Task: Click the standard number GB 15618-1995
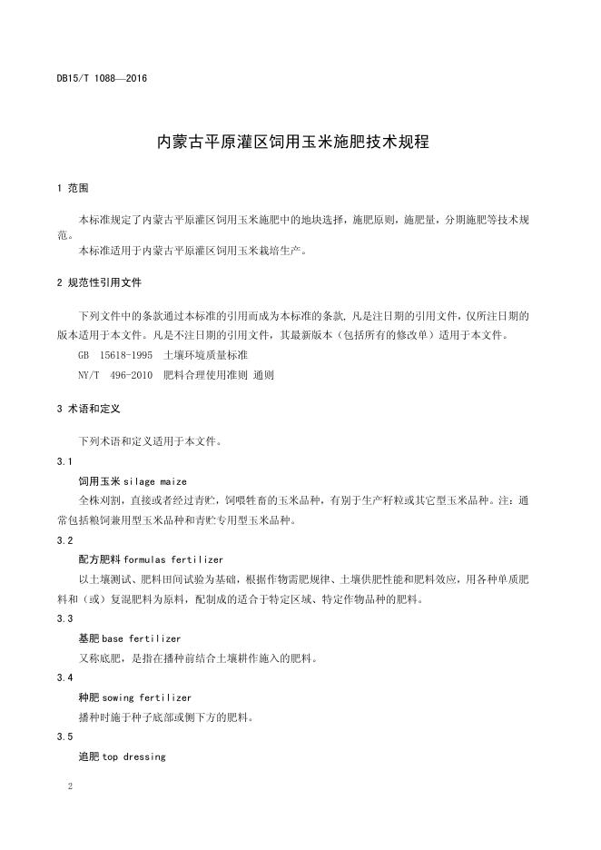coord(115,354)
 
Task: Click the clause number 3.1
coord(64,461)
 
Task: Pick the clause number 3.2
coord(64,540)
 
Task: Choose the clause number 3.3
coord(64,618)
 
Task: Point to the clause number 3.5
coord(64,736)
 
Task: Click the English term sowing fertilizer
coord(147,697)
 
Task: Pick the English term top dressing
coord(134,756)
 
